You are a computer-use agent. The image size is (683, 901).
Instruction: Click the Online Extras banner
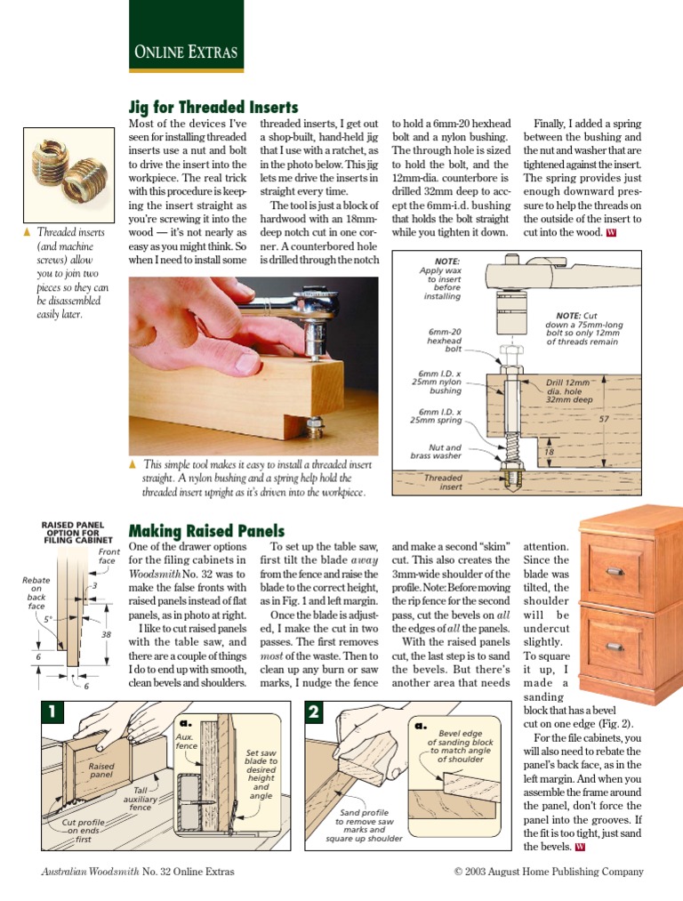point(186,52)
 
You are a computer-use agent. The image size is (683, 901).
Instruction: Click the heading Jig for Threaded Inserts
point(213,107)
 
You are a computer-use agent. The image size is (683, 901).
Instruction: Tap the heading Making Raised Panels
point(206,531)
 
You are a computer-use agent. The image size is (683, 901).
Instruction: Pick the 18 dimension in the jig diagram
point(549,452)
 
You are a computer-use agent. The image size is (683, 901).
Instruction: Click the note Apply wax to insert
point(441,279)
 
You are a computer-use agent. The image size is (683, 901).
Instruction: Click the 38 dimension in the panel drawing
point(106,635)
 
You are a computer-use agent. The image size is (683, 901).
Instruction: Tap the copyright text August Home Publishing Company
point(548,872)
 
